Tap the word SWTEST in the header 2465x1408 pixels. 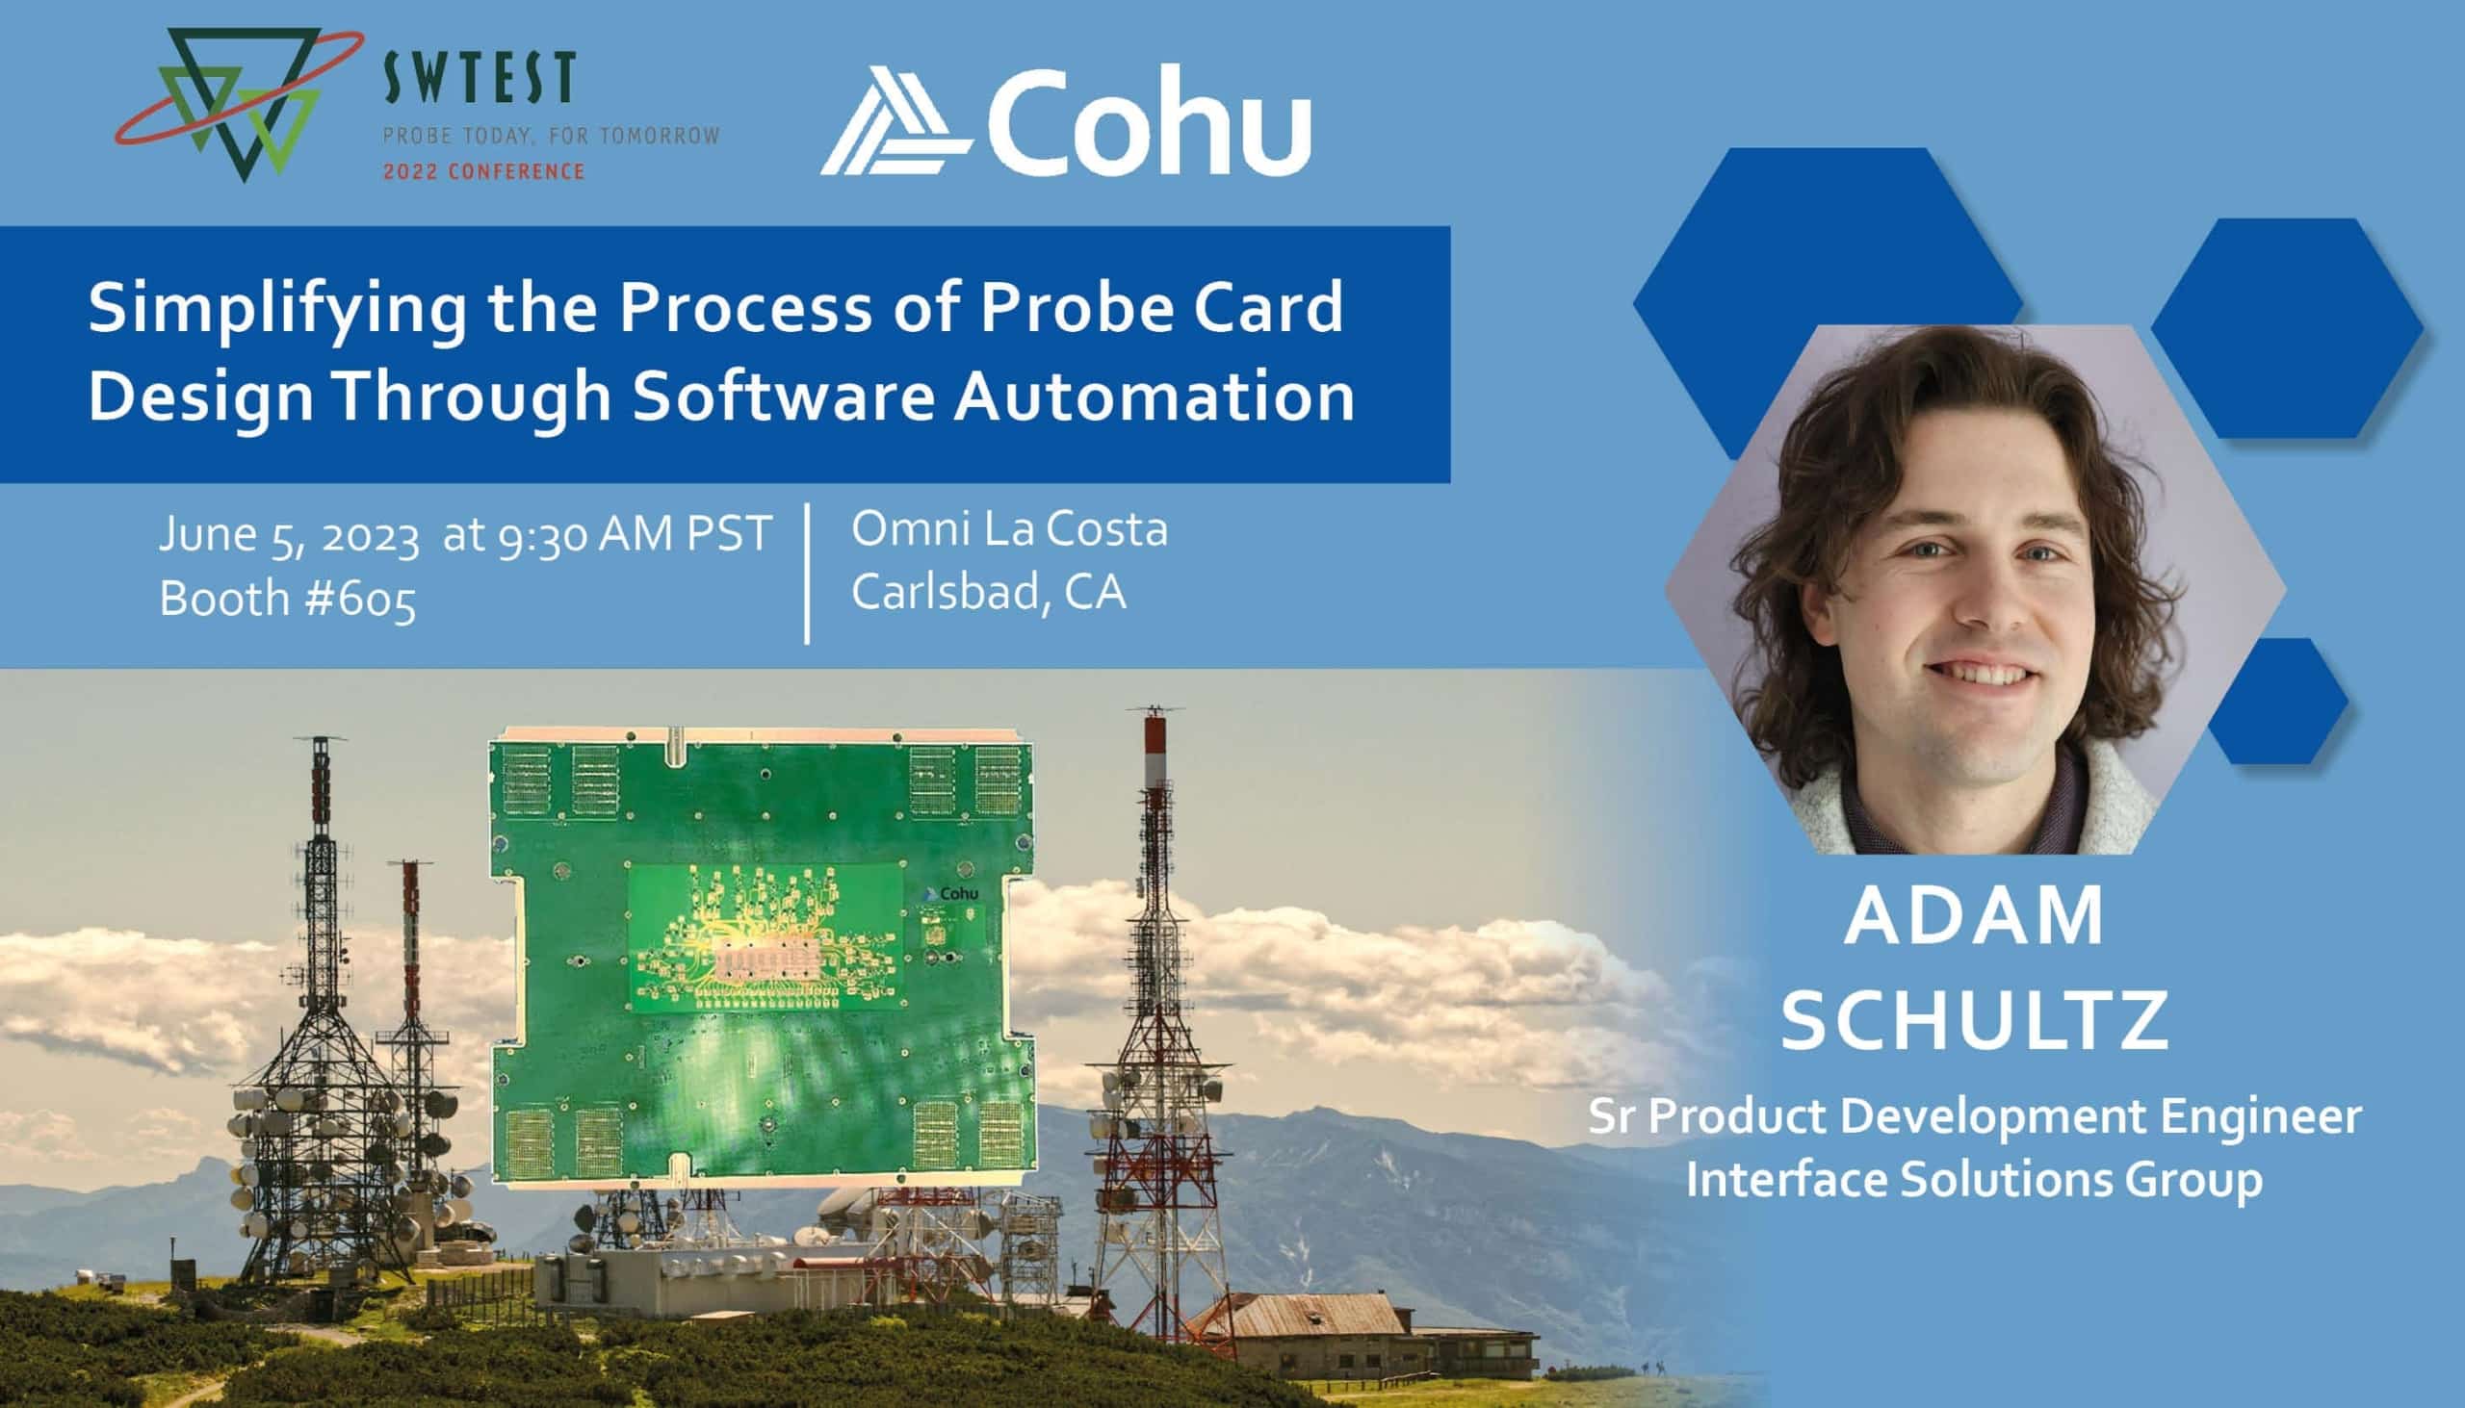480,79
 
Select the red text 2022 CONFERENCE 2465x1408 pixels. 483,172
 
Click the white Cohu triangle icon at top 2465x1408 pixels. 895,120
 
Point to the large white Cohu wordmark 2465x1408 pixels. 1149,122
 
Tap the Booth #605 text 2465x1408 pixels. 287,600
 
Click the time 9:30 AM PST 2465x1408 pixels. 635,534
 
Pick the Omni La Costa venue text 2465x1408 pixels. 1009,529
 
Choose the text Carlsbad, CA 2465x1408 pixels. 989,593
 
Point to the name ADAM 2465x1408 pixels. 1974,916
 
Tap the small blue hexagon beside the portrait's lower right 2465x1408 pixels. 2277,701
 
